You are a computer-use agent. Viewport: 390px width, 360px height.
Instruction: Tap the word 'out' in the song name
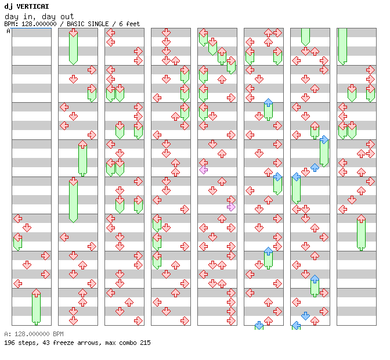65,16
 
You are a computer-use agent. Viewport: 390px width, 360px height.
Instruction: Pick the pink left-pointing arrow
203,170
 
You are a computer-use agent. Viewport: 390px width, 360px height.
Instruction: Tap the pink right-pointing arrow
231,207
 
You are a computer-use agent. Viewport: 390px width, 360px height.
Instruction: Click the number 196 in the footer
9,343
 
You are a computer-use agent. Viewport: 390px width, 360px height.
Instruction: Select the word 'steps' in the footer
27,343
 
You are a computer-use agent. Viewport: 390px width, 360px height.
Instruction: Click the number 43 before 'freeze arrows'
44,343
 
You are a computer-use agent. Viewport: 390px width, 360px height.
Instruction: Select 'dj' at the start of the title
8,6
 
